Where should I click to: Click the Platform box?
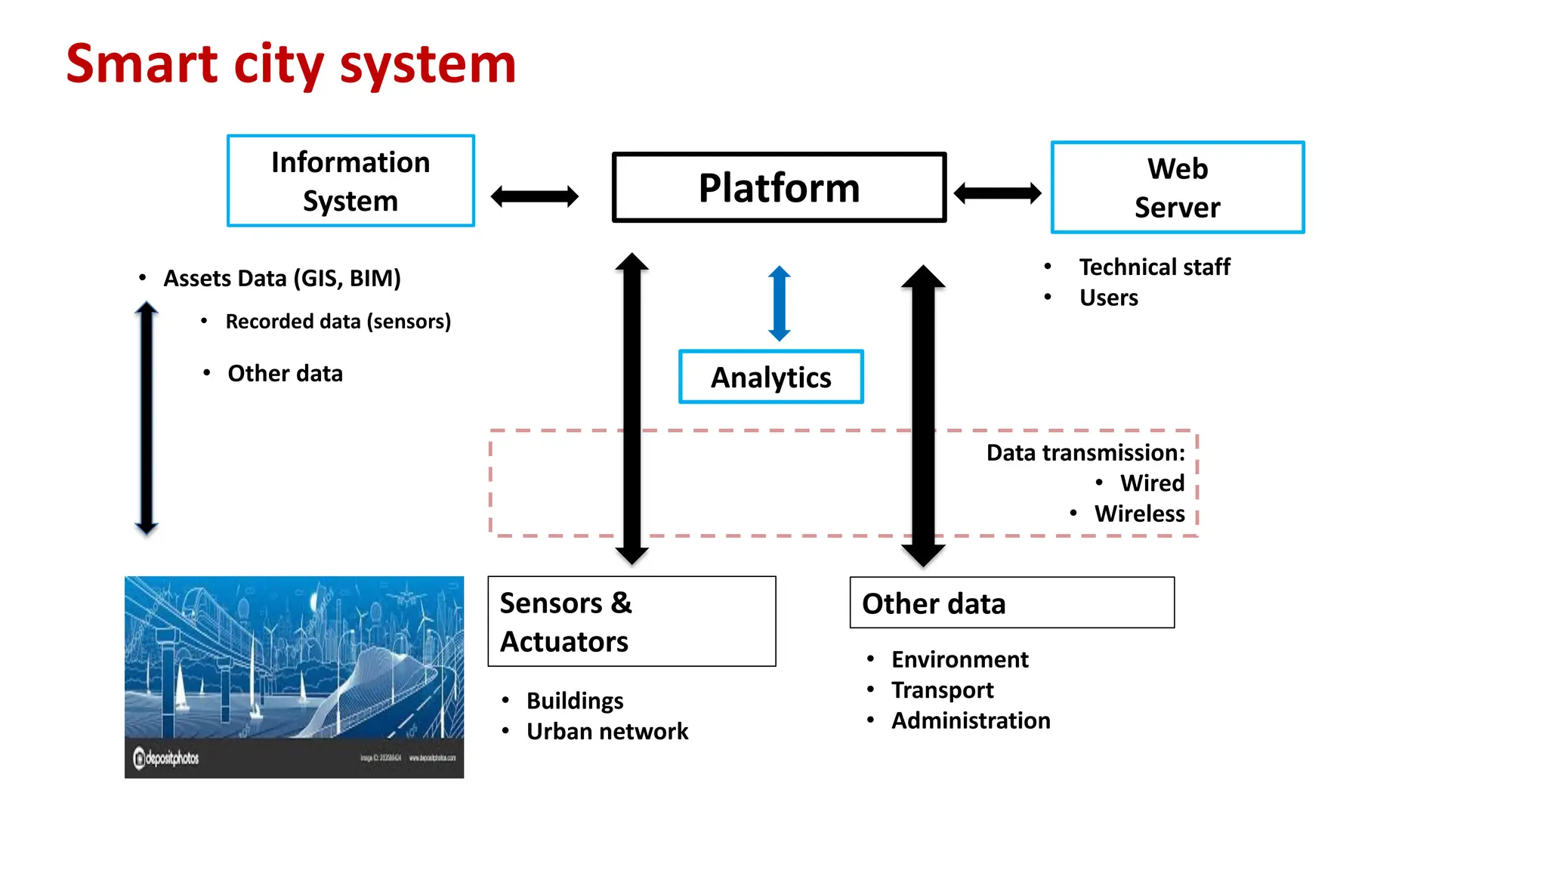pyautogui.click(x=779, y=187)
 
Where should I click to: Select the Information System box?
pyautogui.click(x=350, y=181)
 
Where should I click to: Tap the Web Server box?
pyautogui.click(x=1177, y=187)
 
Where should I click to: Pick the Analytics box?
pyautogui.click(x=770, y=377)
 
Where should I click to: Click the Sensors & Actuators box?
pyautogui.click(x=631, y=622)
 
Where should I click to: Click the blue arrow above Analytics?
pyautogui.click(x=779, y=304)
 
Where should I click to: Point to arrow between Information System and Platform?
pyautogui.click(x=534, y=196)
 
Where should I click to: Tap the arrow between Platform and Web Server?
pyautogui.click(x=997, y=193)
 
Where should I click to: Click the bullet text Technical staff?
pyautogui.click(x=1153, y=267)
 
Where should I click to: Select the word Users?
pyautogui.click(x=1108, y=298)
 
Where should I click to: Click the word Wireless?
pyautogui.click(x=1139, y=514)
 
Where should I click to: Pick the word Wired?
pyautogui.click(x=1152, y=483)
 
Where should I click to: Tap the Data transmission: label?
pyautogui.click(x=1085, y=452)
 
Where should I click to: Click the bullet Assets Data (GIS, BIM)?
pyautogui.click(x=282, y=278)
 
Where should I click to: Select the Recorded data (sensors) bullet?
pyautogui.click(x=338, y=322)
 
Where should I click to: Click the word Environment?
pyautogui.click(x=959, y=659)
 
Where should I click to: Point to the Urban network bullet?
pyautogui.click(x=607, y=731)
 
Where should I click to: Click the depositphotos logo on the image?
pyautogui.click(x=167, y=757)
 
